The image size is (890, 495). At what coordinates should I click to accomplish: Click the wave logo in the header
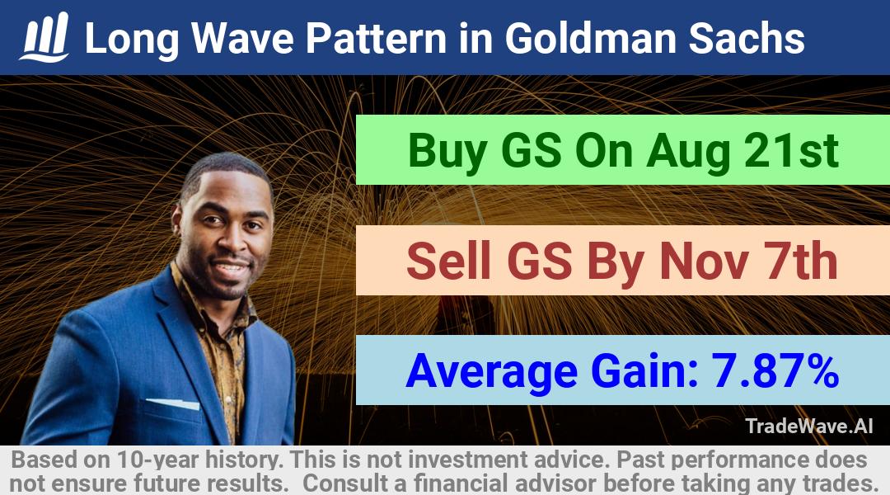[x=44, y=37]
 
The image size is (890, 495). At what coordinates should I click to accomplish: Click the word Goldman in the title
[x=590, y=39]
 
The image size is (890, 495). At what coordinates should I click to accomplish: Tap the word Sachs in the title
[x=747, y=39]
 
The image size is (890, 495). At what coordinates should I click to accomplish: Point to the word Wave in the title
[x=242, y=39]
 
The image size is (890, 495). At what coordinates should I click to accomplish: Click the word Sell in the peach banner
[x=448, y=261]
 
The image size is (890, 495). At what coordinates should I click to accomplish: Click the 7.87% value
[x=775, y=370]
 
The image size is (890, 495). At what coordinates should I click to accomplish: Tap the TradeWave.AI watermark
[x=809, y=427]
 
